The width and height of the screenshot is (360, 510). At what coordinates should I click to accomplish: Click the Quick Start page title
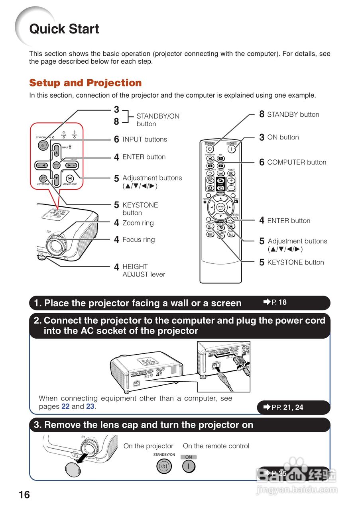64,29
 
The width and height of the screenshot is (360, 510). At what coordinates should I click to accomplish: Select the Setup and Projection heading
85,83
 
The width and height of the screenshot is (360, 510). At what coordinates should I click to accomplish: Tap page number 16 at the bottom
24,494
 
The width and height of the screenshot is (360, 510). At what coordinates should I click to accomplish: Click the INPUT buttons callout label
145,139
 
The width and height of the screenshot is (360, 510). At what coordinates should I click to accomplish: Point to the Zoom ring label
138,223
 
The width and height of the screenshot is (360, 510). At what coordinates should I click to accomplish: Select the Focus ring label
138,240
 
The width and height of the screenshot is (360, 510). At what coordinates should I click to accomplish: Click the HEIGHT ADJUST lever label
144,271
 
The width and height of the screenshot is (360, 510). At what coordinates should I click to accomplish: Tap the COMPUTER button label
297,163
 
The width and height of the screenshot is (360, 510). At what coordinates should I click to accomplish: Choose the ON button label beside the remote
283,137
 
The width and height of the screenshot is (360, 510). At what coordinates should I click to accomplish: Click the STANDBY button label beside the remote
293,115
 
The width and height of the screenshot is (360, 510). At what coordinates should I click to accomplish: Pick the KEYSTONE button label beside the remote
295,263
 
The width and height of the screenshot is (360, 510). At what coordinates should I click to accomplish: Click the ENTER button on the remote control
221,207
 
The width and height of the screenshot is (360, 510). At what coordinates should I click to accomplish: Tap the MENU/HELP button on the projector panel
70,179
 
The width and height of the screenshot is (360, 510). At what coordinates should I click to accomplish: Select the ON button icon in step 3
189,466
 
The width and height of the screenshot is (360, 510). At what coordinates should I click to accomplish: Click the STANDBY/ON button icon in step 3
164,466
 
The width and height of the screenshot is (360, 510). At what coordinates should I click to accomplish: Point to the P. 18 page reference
275,302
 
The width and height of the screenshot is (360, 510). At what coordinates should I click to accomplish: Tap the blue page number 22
65,407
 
